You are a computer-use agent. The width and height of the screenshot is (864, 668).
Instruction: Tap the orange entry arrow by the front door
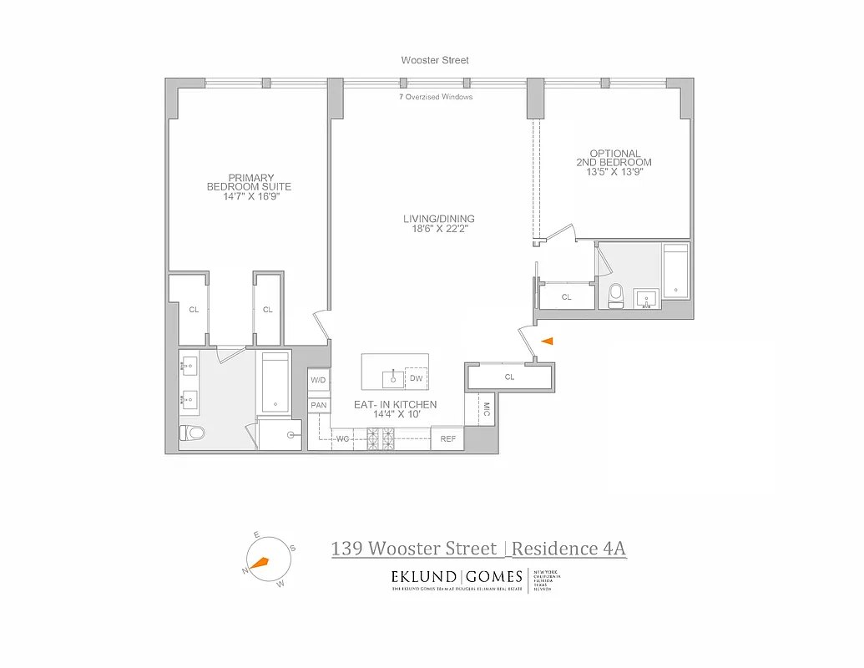click(x=548, y=341)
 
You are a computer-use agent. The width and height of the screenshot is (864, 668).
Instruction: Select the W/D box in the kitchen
click(x=318, y=380)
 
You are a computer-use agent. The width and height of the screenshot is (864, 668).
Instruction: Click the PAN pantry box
click(x=318, y=405)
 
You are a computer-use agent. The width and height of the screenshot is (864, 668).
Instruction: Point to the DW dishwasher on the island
click(x=416, y=378)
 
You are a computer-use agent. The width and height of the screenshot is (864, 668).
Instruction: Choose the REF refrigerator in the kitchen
click(x=447, y=438)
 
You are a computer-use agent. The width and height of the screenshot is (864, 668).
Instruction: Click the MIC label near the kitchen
click(x=487, y=409)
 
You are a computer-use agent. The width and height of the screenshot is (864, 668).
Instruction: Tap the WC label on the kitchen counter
click(x=342, y=438)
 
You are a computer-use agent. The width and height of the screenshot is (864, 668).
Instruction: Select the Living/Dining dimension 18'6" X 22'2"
click(x=432, y=229)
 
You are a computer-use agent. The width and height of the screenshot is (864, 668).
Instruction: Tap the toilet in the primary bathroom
click(x=191, y=433)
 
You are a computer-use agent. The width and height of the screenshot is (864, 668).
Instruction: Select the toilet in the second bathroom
click(x=616, y=296)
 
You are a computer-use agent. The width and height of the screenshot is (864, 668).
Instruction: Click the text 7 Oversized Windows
click(x=436, y=97)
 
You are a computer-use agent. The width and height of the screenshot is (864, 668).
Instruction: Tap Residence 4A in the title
click(x=568, y=549)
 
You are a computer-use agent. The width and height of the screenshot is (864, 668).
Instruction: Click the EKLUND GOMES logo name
click(x=457, y=576)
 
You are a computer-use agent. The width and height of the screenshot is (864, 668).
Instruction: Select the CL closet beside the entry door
click(x=509, y=377)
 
